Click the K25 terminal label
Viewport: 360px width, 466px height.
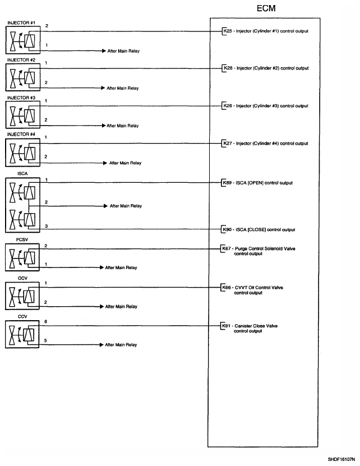[227, 31]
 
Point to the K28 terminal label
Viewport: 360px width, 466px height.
[227, 68]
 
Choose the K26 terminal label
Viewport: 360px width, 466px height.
[227, 105]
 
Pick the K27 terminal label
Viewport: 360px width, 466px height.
[227, 143]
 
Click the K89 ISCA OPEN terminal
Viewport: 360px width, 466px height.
[227, 183]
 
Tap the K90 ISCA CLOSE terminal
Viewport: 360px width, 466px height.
[227, 229]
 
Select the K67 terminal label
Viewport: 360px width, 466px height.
[227, 249]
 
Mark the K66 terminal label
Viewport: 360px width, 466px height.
[227, 288]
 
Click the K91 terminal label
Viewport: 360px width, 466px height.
[227, 326]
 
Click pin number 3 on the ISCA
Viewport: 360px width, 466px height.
[46, 225]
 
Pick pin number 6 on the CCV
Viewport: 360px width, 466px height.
[45, 322]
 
